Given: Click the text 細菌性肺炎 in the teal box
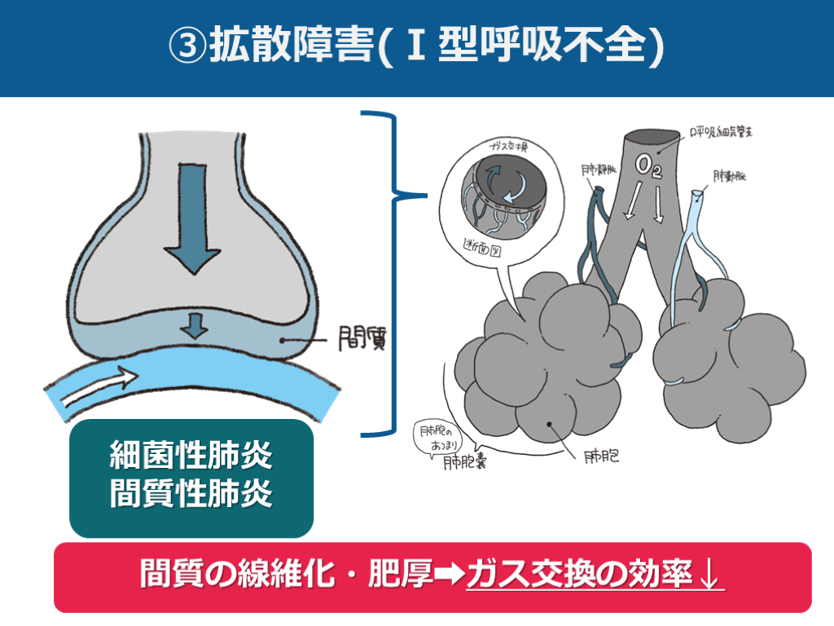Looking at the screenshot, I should (191, 457).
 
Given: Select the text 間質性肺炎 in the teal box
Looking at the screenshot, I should (191, 495).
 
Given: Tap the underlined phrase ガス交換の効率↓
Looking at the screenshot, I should (595, 576).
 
